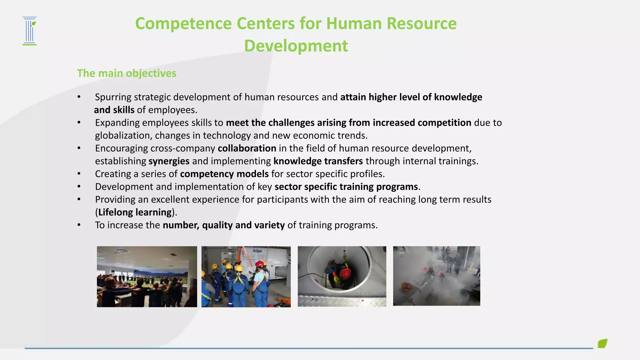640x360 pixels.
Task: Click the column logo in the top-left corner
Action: [30, 31]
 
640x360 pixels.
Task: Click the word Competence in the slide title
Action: [183, 24]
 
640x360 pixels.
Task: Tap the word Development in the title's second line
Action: [296, 46]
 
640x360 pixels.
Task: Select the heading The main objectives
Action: [127, 73]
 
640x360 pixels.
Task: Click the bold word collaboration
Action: [247, 148]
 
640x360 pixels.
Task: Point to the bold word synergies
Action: [169, 161]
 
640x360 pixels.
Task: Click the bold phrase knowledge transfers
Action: [318, 161]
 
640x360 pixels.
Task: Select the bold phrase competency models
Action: [224, 174]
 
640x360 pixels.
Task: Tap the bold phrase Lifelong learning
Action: [135, 212]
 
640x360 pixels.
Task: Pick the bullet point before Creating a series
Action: [79, 174]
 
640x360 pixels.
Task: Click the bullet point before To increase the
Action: [79, 225]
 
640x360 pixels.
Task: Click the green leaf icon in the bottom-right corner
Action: [602, 343]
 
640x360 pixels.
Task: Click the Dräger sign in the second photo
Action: [257, 251]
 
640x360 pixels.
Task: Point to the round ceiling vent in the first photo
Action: [122, 250]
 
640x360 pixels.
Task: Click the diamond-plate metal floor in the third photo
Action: [342, 301]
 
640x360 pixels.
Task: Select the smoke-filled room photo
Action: [436, 276]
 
